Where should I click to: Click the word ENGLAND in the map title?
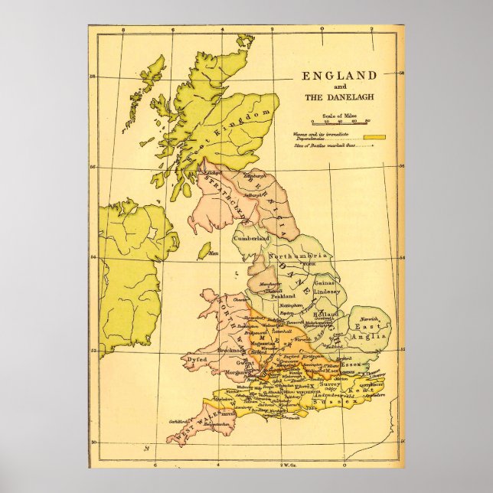pos(340,76)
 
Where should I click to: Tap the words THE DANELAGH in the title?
pos(340,97)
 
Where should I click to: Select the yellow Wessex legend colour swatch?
pos(374,136)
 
